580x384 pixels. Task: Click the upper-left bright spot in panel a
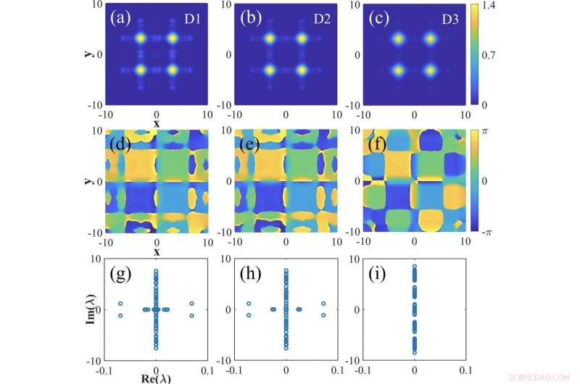141,38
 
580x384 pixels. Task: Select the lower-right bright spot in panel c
431,71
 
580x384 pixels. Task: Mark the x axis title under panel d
157,251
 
